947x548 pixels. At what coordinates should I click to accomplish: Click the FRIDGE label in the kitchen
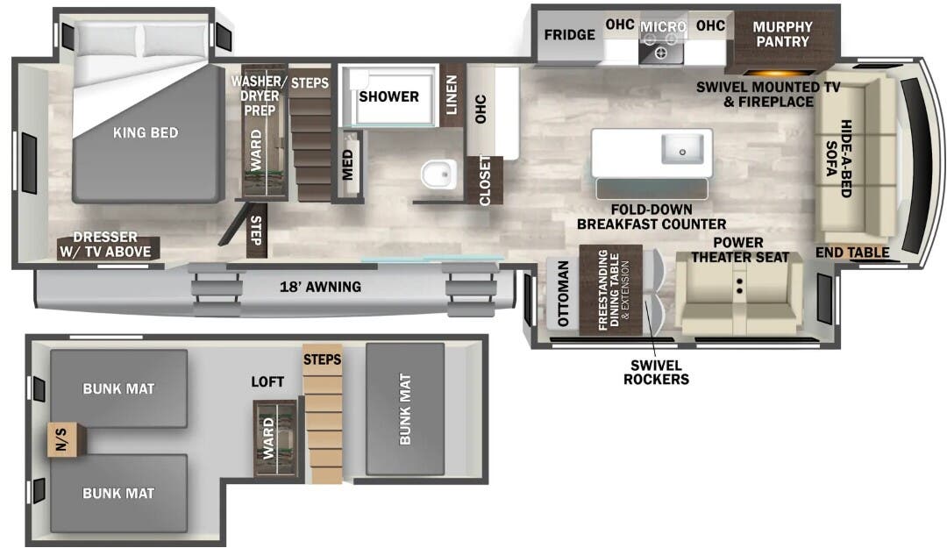[x=570, y=35]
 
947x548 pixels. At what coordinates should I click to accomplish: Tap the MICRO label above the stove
[x=663, y=26]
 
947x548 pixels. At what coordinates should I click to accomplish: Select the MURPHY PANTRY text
[x=782, y=34]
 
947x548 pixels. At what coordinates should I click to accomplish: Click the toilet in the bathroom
[x=438, y=174]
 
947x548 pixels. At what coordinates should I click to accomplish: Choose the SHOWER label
[x=388, y=96]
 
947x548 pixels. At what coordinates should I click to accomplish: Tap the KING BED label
[x=146, y=132]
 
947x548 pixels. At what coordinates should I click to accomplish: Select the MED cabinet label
[x=348, y=164]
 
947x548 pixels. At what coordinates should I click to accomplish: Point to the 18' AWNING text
[x=320, y=287]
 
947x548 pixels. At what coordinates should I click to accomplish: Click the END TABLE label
[x=852, y=253]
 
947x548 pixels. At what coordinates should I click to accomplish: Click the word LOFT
[x=267, y=381]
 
